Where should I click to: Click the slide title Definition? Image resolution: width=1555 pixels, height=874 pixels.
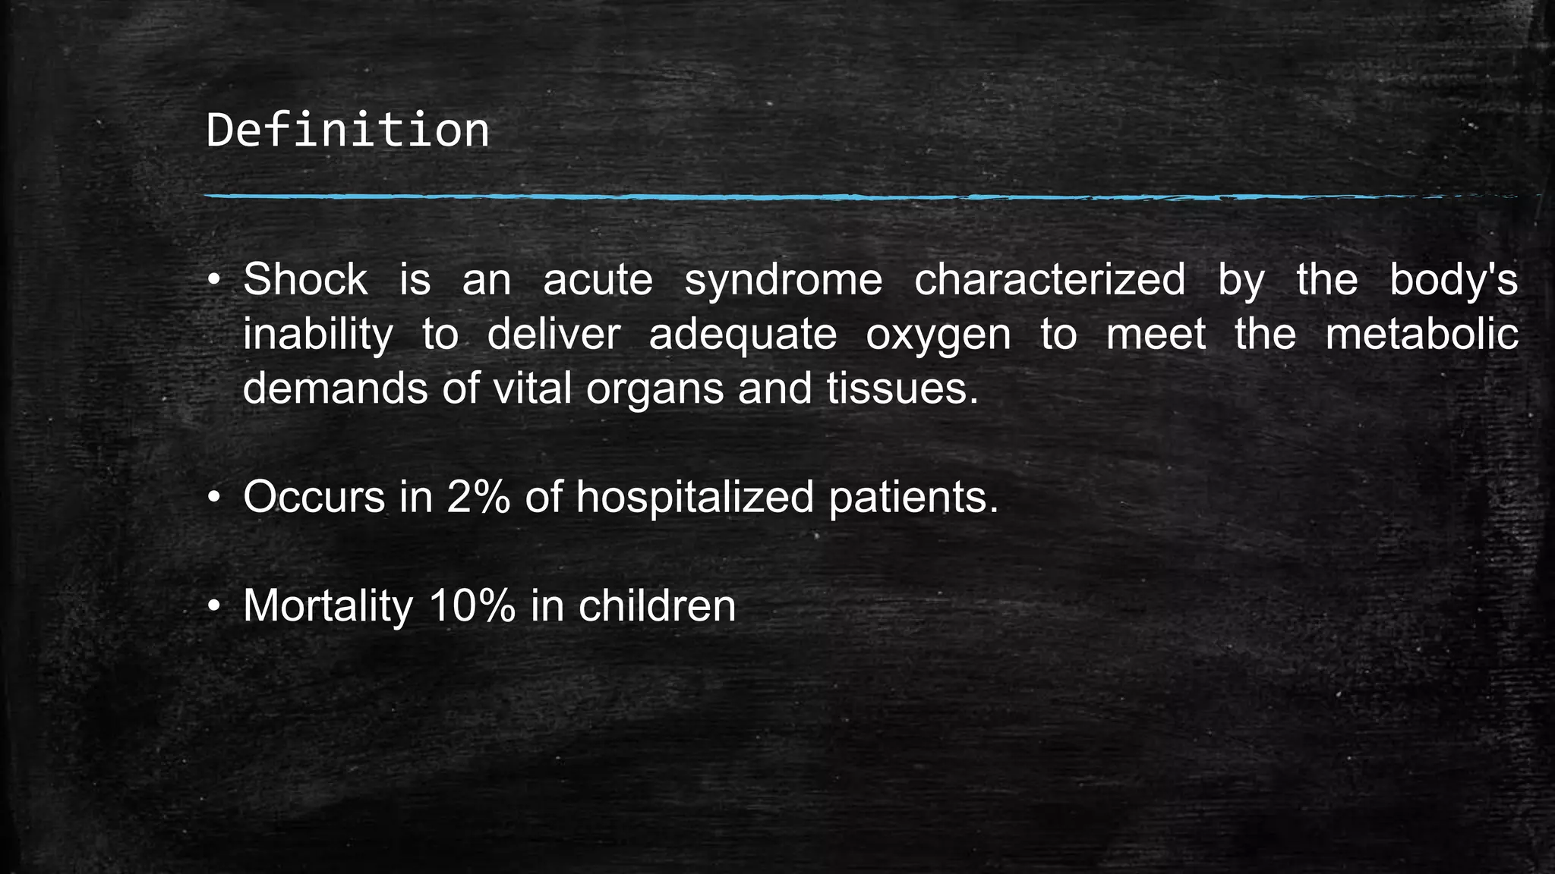[348, 130]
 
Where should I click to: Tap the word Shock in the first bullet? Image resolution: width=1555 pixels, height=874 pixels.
[305, 279]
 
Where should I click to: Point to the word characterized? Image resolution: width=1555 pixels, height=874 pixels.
[1049, 279]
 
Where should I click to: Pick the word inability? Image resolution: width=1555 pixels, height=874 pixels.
[318, 335]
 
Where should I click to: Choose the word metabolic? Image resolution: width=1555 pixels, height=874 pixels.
[1421, 335]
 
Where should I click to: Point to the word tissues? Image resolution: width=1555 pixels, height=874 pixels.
[902, 388]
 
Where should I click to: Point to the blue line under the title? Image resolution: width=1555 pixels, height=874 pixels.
[835, 197]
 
